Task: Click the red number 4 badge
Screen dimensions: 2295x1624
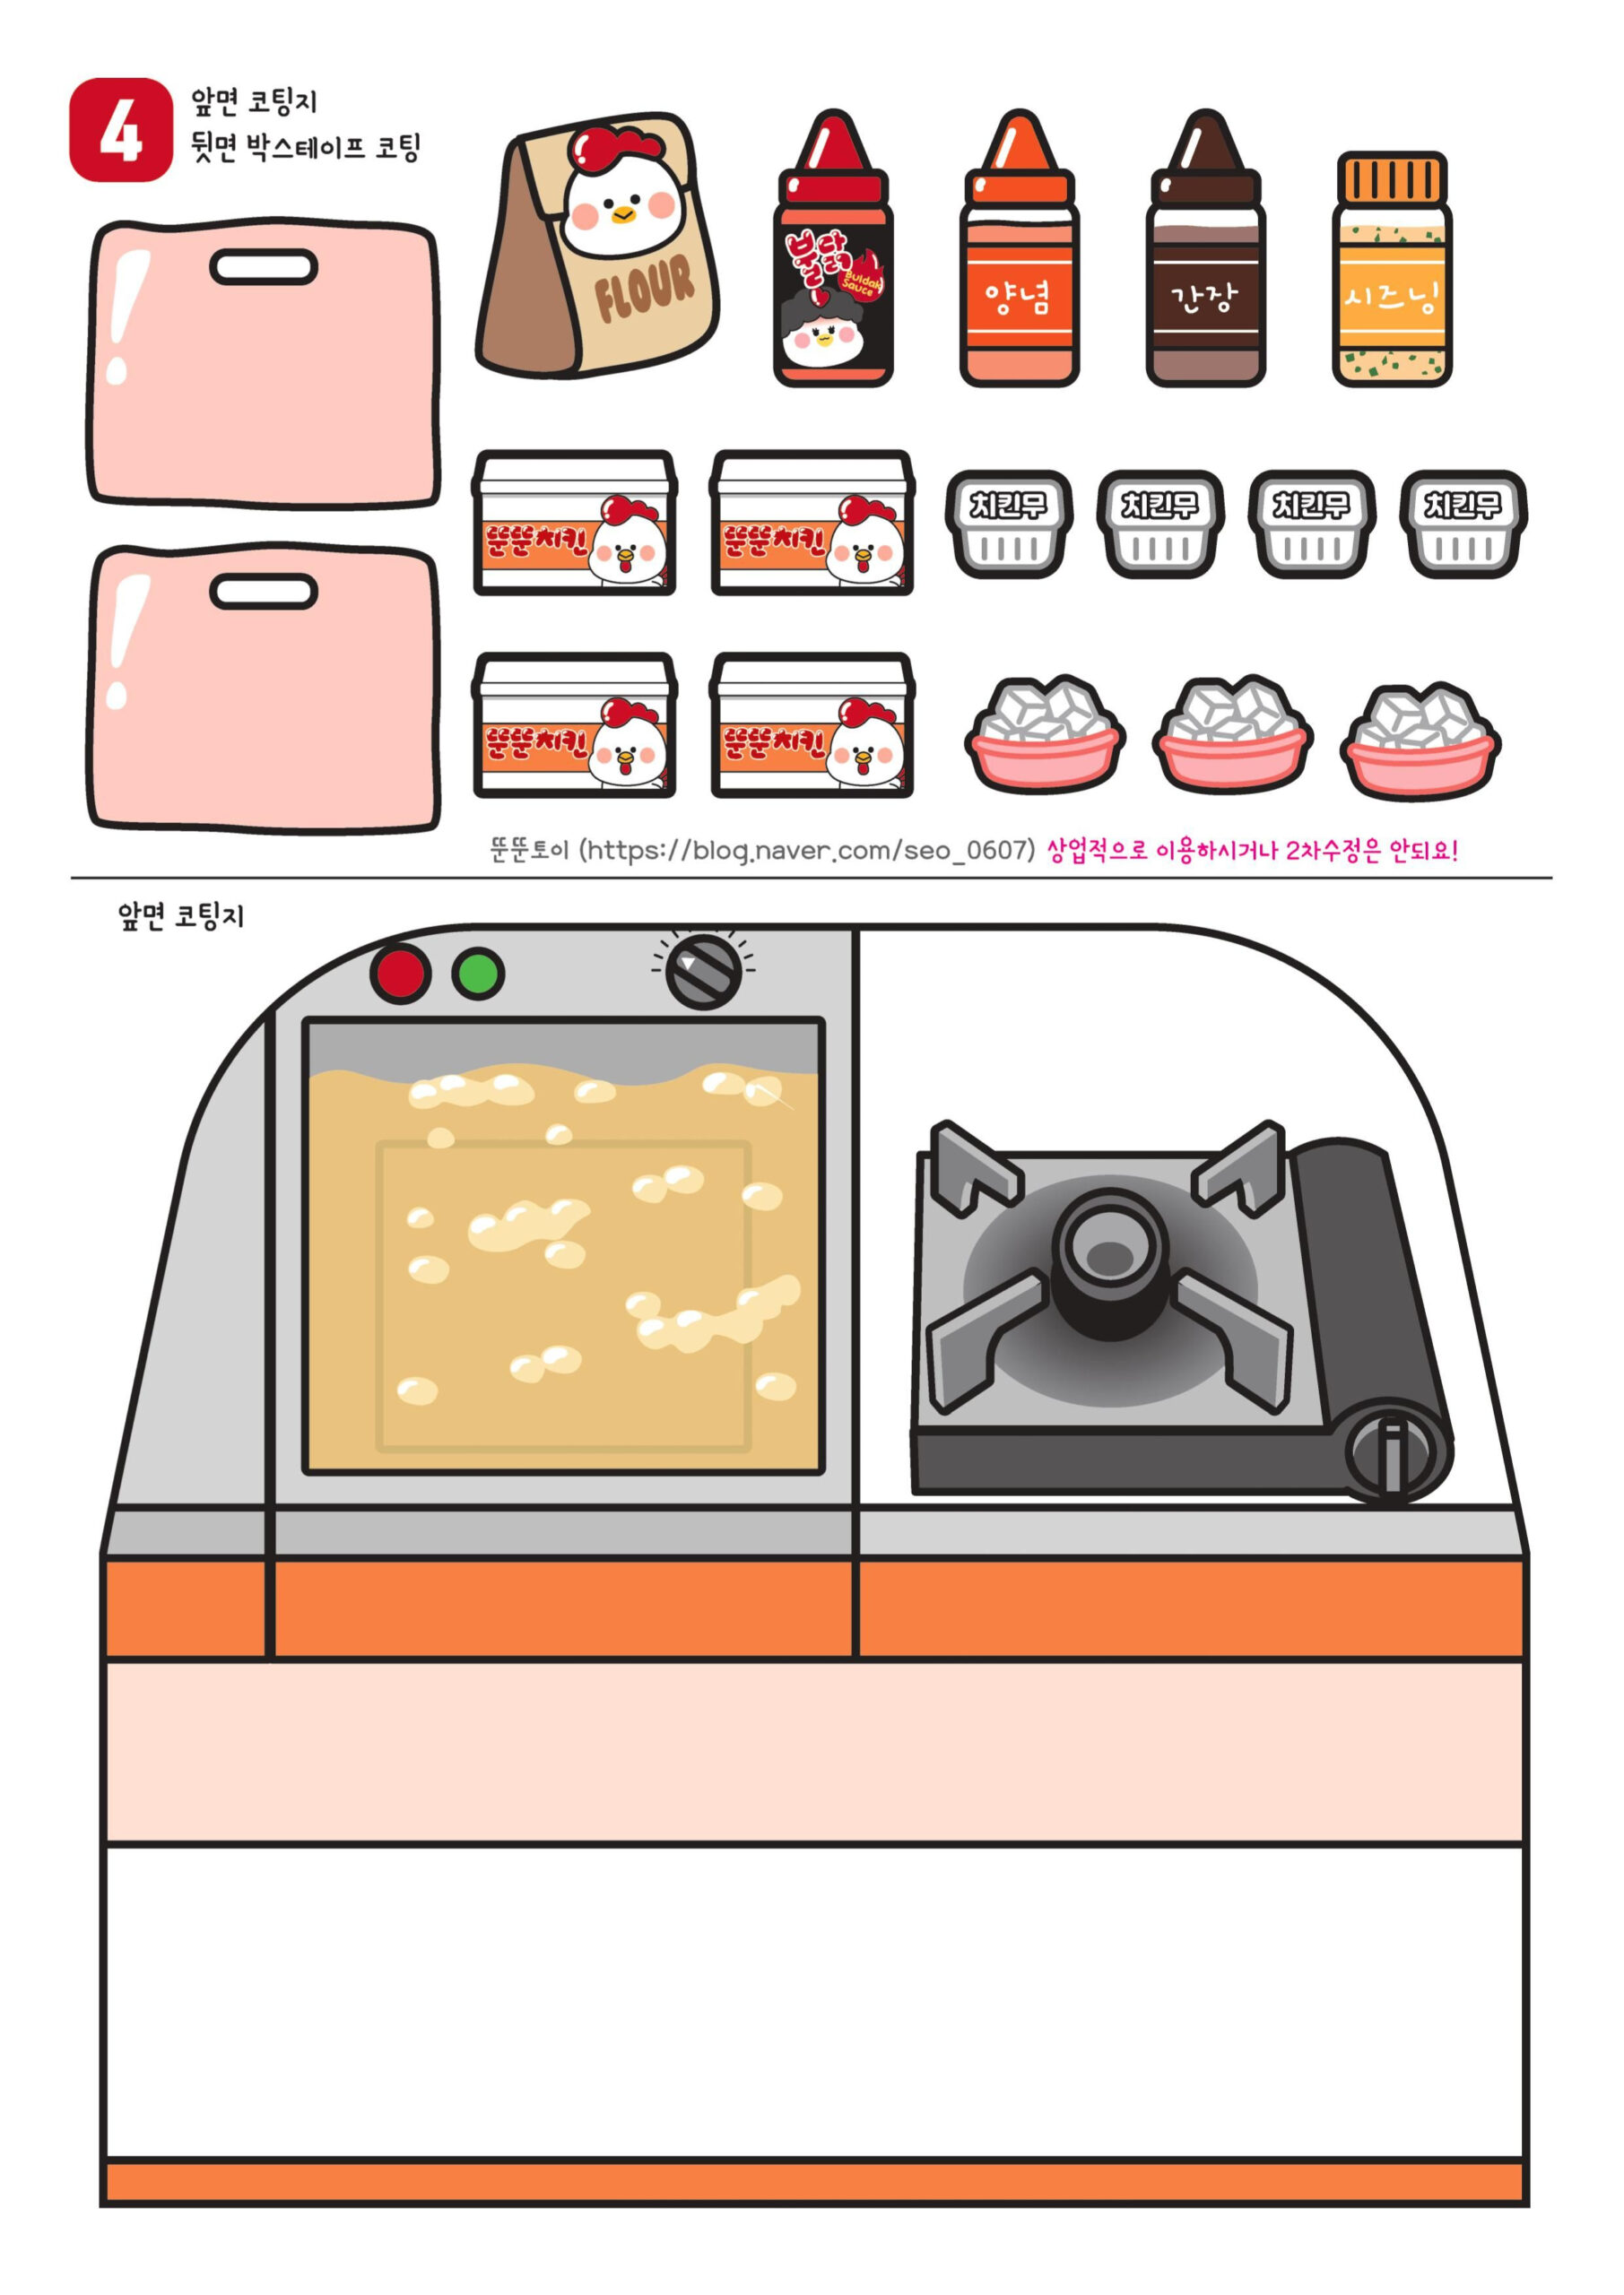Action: point(121,130)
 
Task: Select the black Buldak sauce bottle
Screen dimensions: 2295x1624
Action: point(833,290)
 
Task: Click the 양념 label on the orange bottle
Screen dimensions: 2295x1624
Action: point(1018,298)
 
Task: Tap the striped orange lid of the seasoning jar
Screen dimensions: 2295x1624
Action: point(1391,178)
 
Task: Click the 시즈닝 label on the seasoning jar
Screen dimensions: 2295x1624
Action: point(1391,298)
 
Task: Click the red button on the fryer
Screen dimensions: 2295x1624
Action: point(400,973)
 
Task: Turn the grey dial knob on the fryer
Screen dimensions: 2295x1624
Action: point(703,971)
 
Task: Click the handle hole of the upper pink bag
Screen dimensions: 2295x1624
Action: point(263,267)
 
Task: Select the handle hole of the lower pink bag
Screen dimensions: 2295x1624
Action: point(263,592)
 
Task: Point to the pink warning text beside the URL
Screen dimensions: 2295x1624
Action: point(1252,852)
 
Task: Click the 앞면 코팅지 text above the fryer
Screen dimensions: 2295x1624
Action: point(181,915)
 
